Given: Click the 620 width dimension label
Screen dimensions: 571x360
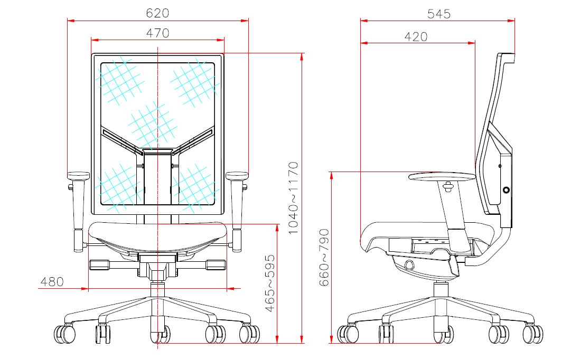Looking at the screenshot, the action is [157, 13].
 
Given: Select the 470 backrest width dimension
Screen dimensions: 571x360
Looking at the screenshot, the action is [158, 33].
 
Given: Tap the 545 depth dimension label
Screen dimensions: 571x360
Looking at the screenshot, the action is [439, 14].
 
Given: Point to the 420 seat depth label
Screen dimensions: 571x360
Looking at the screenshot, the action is [416, 37].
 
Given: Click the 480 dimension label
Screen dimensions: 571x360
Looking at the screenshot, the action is [52, 282].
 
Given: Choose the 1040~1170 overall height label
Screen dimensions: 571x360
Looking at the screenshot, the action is [293, 198].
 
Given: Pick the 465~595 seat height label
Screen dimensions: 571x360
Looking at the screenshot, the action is [270, 283].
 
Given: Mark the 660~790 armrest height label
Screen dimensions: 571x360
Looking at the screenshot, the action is [324, 258].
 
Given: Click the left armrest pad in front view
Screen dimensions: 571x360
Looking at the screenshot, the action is [78, 176].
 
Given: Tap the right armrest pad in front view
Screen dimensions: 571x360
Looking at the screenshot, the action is [237, 176].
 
